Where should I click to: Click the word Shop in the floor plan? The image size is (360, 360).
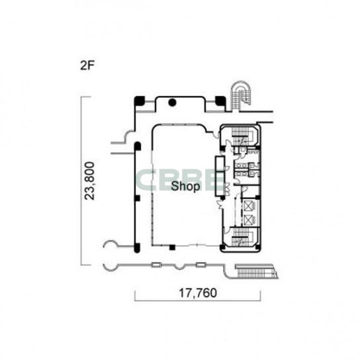[185, 186]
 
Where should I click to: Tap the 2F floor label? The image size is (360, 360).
[87, 66]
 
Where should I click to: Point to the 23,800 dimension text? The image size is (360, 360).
[89, 181]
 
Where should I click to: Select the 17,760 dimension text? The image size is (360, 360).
[198, 292]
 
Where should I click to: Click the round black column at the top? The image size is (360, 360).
[172, 102]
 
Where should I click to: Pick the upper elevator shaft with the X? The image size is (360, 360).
[248, 206]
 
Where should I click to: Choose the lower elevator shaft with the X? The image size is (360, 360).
[248, 220]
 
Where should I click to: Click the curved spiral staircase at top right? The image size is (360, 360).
[241, 95]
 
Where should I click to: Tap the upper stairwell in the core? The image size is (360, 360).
[240, 136]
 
